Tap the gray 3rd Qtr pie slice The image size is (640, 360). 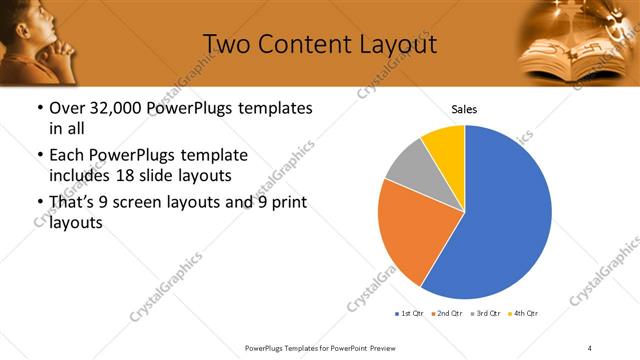[406, 166]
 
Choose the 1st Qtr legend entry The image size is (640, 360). [411, 314]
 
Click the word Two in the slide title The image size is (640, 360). [226, 44]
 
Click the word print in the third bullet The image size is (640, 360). [287, 203]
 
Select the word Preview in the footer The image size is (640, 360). [379, 347]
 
